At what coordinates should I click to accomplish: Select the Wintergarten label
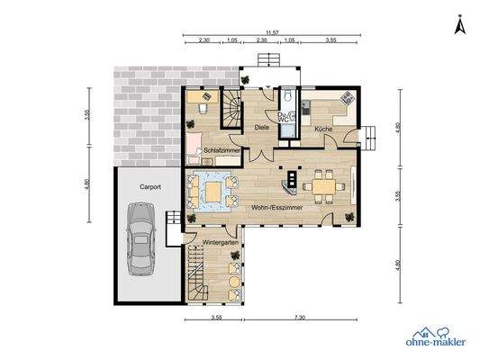(219, 243)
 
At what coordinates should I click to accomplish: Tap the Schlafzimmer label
(221, 149)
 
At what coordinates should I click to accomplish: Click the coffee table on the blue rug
(213, 192)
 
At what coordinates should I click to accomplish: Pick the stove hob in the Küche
(346, 98)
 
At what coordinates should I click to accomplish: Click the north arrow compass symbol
(458, 26)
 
